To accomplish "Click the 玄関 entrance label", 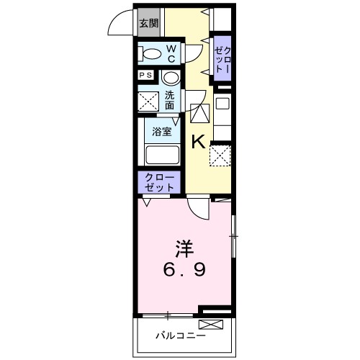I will click(149, 24).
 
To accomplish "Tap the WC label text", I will click(173, 53).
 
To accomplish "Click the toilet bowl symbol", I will click(151, 54).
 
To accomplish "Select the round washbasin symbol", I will click(170, 78).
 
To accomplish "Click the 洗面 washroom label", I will click(168, 100).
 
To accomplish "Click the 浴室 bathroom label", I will click(161, 131).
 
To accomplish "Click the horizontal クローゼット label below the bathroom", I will click(158, 181).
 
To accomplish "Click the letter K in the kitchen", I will click(199, 141).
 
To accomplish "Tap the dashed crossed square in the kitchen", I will click(220, 154).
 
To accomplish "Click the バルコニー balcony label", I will click(181, 336).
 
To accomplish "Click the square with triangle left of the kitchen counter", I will click(199, 114).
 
